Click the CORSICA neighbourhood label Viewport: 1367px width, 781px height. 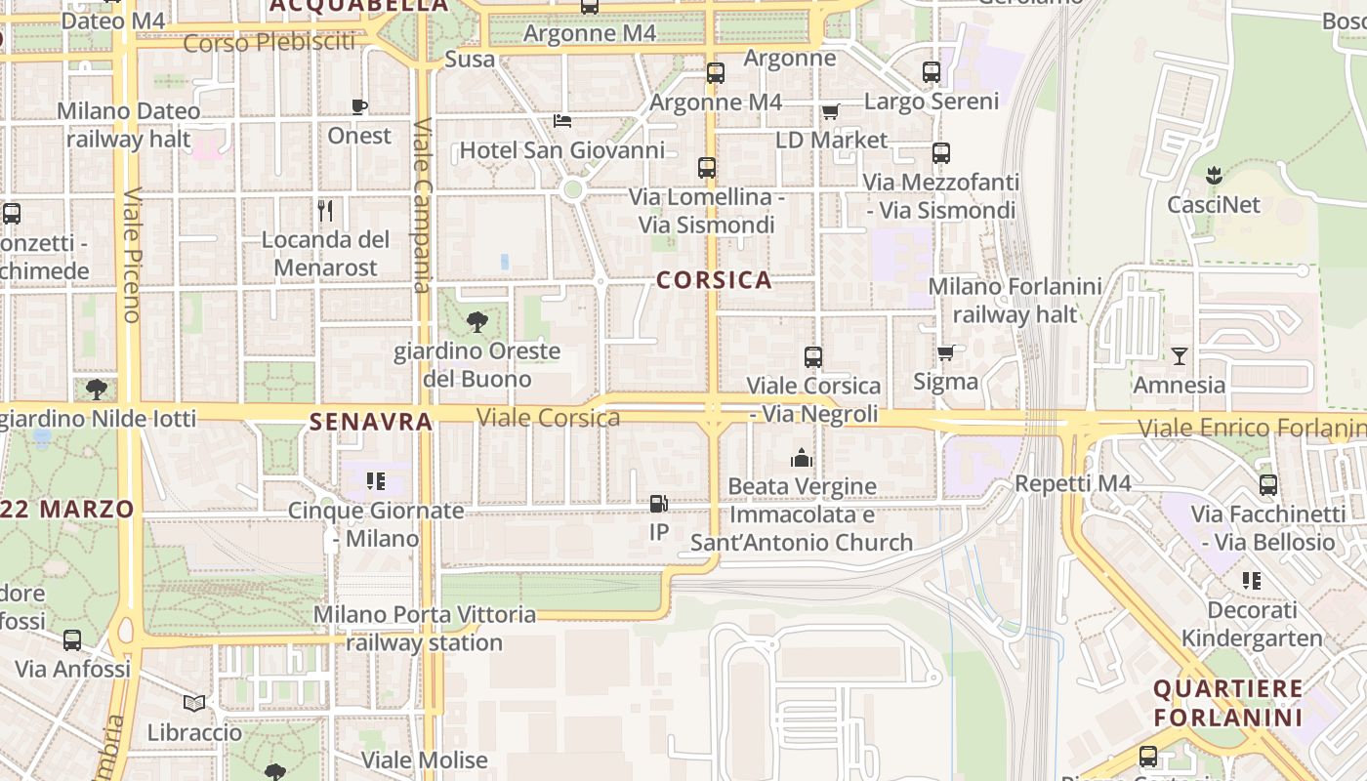point(714,281)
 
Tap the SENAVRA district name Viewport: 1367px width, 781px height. point(371,422)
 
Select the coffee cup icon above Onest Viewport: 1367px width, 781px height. point(359,106)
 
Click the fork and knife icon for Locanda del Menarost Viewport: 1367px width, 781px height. point(325,210)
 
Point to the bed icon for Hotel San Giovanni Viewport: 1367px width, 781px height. point(562,121)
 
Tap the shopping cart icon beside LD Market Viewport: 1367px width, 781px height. point(831,111)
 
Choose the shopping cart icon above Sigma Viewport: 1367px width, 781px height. point(945,352)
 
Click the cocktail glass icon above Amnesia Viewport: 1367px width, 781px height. point(1180,356)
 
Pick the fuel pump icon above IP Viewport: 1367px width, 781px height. point(659,504)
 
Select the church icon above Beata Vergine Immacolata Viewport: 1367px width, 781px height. point(802,457)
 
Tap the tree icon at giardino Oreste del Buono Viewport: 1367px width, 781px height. point(477,321)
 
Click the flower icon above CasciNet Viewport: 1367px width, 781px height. point(1214,176)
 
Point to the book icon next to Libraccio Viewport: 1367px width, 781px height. point(194,703)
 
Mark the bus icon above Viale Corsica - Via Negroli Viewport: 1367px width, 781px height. point(813,357)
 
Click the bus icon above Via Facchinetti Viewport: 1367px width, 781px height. point(1268,484)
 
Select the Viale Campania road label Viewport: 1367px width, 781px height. point(423,205)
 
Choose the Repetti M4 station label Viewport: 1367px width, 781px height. point(1073,483)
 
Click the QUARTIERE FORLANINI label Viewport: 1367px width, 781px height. point(1228,703)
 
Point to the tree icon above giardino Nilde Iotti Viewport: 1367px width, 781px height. point(97,390)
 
